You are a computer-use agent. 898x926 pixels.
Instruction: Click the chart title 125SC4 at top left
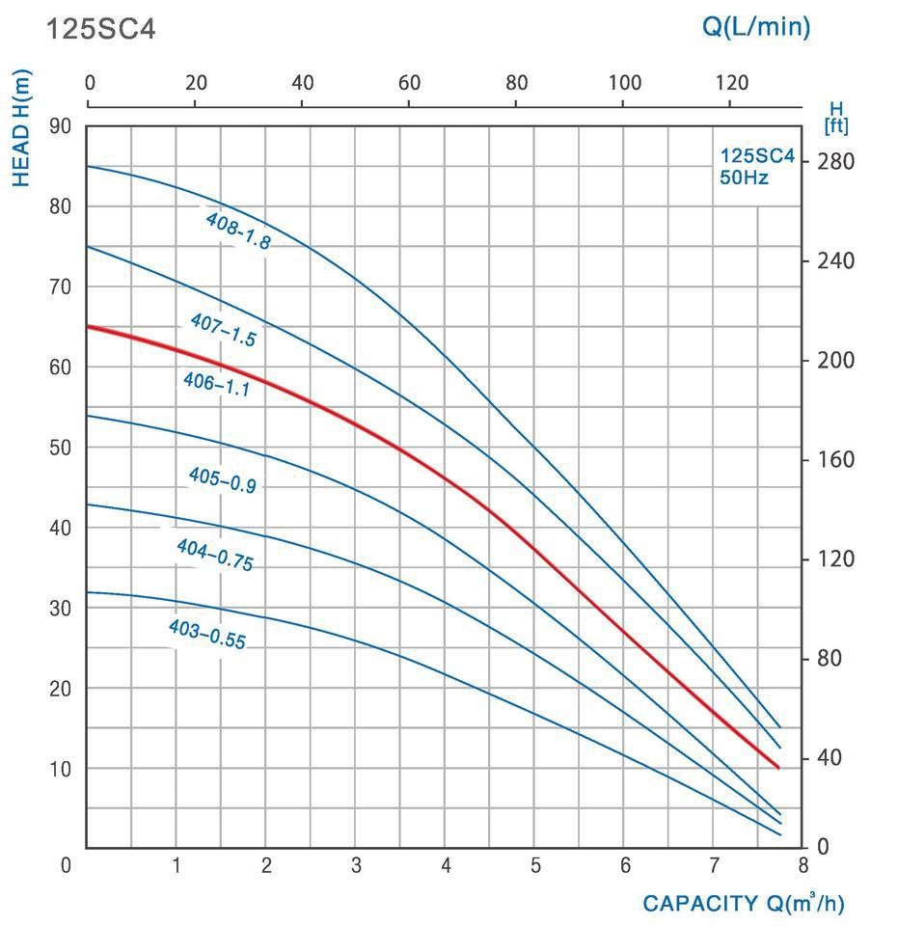click(x=100, y=29)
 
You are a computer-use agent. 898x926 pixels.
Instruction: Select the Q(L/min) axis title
click(x=755, y=27)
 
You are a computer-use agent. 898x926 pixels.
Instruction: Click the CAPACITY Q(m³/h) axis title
click(x=743, y=904)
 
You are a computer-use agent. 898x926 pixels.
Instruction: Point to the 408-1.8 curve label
click(x=237, y=231)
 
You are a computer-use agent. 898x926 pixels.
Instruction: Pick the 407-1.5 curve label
click(x=223, y=329)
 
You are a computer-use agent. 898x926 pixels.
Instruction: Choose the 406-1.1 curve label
click(x=216, y=385)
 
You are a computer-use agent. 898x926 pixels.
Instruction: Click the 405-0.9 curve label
click(x=222, y=479)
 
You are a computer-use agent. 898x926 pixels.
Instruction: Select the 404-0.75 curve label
click(x=214, y=556)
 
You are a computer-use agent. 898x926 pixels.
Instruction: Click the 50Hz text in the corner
click(x=744, y=177)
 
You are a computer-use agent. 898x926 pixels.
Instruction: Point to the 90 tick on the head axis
click(x=60, y=126)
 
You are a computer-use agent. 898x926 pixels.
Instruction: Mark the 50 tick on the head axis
click(x=60, y=448)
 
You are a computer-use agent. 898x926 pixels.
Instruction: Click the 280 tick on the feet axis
click(x=834, y=161)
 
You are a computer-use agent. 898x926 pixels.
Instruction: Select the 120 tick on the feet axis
click(x=834, y=559)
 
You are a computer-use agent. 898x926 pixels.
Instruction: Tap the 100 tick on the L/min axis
click(x=624, y=83)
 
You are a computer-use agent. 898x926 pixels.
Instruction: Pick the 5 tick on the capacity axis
click(x=535, y=865)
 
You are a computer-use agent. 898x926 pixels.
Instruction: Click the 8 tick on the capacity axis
click(x=803, y=865)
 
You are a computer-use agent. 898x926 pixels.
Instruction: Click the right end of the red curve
click(x=778, y=768)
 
